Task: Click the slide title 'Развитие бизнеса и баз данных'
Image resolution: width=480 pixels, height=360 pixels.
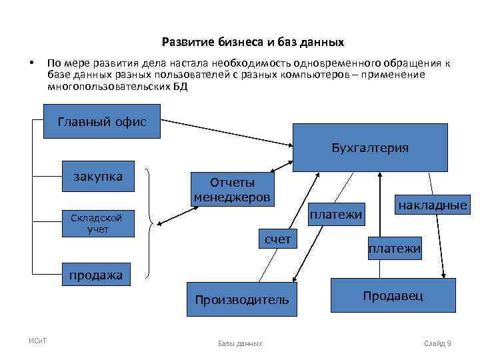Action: click(253, 43)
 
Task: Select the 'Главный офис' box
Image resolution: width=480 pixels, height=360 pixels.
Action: click(102, 121)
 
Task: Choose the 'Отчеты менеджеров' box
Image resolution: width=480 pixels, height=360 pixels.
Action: click(232, 189)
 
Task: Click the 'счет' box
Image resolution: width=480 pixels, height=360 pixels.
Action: click(278, 239)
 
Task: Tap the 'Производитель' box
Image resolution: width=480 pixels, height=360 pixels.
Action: click(242, 299)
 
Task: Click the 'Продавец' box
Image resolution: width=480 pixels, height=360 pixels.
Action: click(393, 295)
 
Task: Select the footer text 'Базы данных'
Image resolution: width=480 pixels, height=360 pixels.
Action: click(240, 343)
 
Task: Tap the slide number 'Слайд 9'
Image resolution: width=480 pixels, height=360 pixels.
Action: click(438, 343)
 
